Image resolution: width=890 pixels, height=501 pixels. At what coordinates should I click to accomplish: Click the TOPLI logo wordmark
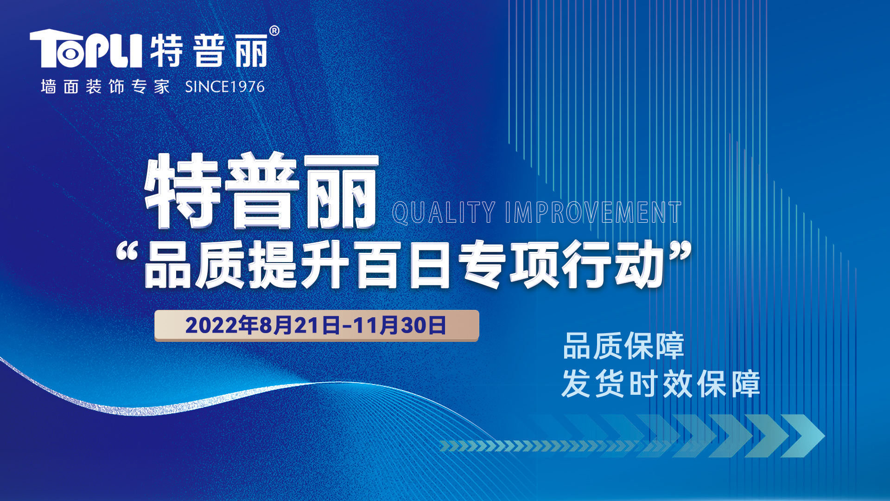[86, 48]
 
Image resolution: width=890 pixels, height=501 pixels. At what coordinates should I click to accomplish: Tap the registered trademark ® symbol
[274, 31]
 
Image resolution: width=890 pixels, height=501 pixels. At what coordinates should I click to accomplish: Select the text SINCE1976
[225, 87]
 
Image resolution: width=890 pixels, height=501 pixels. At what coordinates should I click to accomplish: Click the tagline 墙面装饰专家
[105, 87]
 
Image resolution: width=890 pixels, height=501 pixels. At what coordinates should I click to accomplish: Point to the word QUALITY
[444, 213]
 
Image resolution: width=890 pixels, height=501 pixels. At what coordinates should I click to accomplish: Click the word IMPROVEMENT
[593, 213]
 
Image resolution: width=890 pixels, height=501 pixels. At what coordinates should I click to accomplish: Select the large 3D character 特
[182, 191]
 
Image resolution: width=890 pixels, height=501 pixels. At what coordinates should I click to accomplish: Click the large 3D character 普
[262, 191]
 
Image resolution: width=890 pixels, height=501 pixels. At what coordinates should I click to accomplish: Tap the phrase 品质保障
[623, 346]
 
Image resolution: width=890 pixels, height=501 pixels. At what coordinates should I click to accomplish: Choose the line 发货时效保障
[661, 384]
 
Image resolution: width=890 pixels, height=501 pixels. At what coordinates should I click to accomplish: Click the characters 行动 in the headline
[614, 265]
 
